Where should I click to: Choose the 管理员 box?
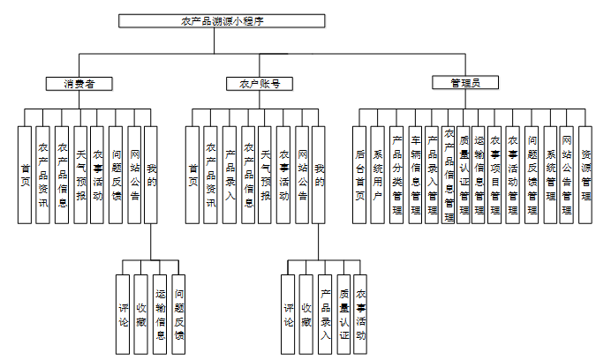(x=464, y=83)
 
